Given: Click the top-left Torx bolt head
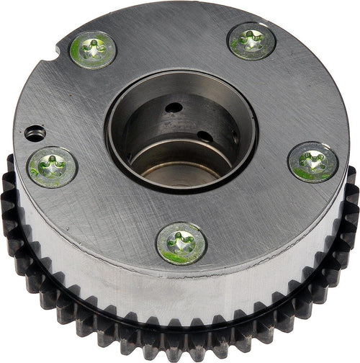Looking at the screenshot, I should click(x=94, y=50).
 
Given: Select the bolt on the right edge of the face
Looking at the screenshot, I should click(x=312, y=161).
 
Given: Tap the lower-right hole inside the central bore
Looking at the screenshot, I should click(x=205, y=137).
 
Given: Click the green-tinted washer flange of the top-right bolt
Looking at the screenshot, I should click(x=266, y=50).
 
